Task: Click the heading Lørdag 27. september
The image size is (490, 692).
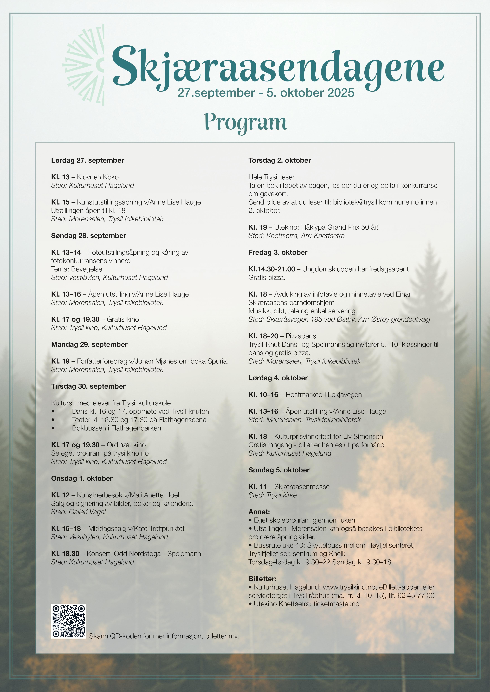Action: (87, 160)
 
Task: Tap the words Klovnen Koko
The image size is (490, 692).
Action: (98, 177)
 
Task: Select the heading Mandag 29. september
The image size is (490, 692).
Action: (89, 345)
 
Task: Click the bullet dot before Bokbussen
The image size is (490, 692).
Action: (53, 428)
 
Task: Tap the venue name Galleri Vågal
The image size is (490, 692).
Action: (87, 512)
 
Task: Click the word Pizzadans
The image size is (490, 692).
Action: (301, 336)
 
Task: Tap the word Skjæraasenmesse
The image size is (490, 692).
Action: (302, 487)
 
